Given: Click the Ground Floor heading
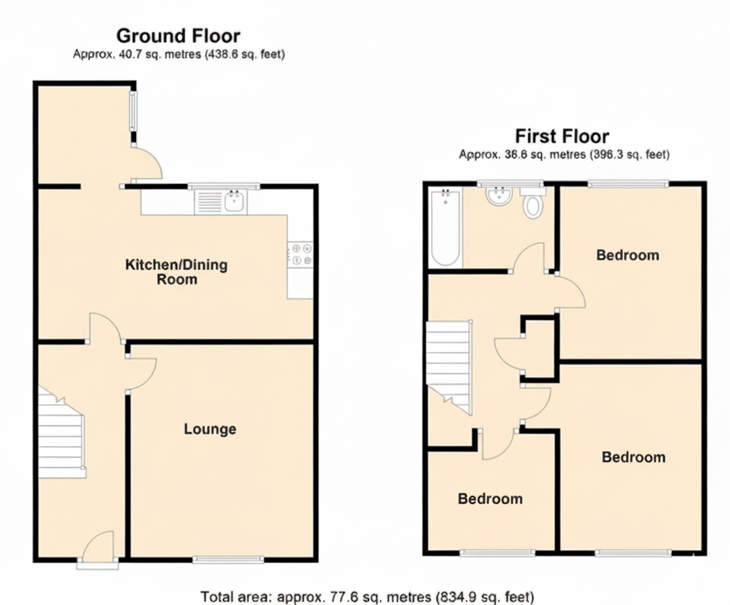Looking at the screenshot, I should coord(178,36).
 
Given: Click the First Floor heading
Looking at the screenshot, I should coord(562,136).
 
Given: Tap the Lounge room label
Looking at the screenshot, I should coord(210,429).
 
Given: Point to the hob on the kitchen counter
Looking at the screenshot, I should coord(301,255).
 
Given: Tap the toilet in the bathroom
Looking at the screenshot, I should coord(533,204).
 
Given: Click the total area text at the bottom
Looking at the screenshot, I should coord(367,597).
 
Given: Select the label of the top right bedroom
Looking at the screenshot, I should coord(628,255).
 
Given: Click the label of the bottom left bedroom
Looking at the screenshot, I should coord(490,499).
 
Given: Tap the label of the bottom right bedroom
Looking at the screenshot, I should coord(633,457).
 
